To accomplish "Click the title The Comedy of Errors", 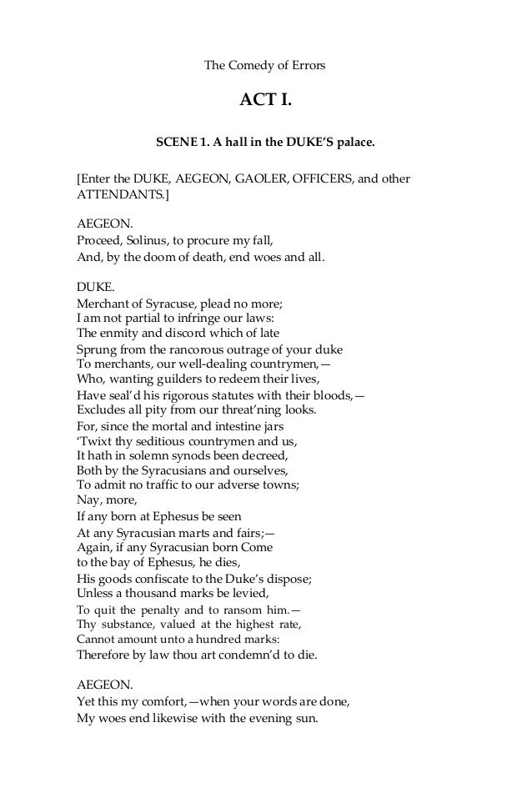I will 265,64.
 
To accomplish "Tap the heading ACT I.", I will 266,102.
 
